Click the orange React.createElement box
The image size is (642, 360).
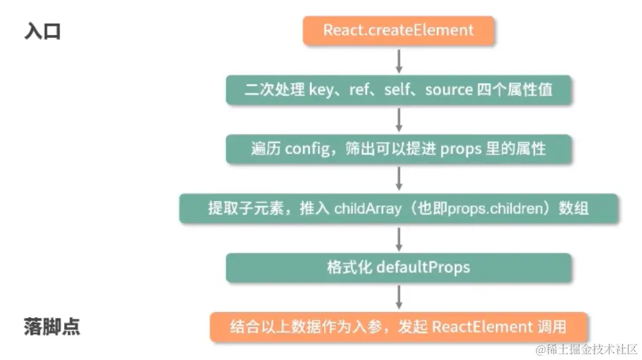point(398,30)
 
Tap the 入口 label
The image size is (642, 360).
point(42,31)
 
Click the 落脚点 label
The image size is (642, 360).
point(52,327)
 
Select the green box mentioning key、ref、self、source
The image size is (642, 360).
point(398,90)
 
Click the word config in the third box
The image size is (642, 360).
point(306,149)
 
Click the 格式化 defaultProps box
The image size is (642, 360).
point(398,267)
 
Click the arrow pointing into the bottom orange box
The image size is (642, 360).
point(399,297)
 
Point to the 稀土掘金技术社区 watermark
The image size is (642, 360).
point(587,349)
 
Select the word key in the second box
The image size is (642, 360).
point(321,90)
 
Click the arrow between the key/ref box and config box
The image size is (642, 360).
point(399,119)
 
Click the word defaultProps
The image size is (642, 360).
point(423,267)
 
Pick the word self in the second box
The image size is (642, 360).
point(397,90)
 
